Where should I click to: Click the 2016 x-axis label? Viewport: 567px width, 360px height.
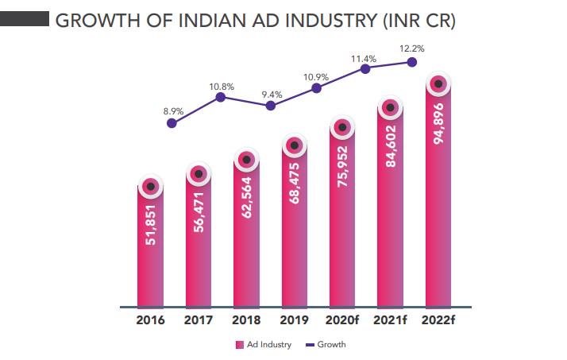click(x=150, y=321)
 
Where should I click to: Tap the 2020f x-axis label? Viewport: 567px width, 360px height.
click(x=342, y=321)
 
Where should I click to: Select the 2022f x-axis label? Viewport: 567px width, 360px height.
click(x=440, y=321)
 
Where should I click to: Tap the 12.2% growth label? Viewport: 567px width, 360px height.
click(x=413, y=48)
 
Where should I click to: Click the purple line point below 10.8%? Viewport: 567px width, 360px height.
click(x=221, y=97)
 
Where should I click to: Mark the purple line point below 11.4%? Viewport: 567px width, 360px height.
click(x=365, y=69)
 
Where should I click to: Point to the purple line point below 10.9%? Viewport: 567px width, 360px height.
click(x=317, y=88)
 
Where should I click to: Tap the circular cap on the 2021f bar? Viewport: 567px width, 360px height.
click(x=390, y=107)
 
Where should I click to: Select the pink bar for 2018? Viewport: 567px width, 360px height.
click(x=247, y=238)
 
